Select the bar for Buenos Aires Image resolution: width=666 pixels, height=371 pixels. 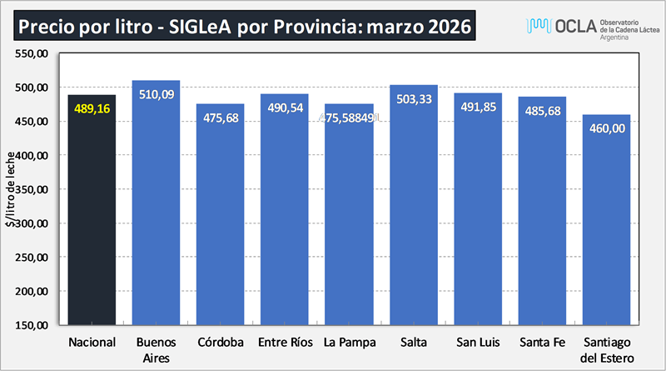pyautogui.click(x=156, y=208)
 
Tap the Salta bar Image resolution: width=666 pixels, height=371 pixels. pyautogui.click(x=414, y=208)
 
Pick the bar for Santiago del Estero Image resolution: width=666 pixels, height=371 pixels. pyautogui.click(x=606, y=225)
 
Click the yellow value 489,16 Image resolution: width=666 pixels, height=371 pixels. pyautogui.click(x=92, y=108)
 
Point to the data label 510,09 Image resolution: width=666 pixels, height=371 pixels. pyautogui.click(x=156, y=94)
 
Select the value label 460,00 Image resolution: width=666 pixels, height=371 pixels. pyautogui.click(x=606, y=128)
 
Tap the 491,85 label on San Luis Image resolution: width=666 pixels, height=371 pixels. pyautogui.click(x=478, y=108)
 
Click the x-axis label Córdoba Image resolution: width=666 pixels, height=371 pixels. pyautogui.click(x=221, y=343)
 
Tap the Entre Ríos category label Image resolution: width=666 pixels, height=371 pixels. pyautogui.click(x=285, y=343)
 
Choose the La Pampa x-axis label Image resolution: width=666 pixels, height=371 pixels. pyautogui.click(x=350, y=343)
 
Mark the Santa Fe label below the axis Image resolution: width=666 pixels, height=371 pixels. pyautogui.click(x=542, y=343)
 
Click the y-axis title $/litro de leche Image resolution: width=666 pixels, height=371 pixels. pyautogui.click(x=10, y=190)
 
